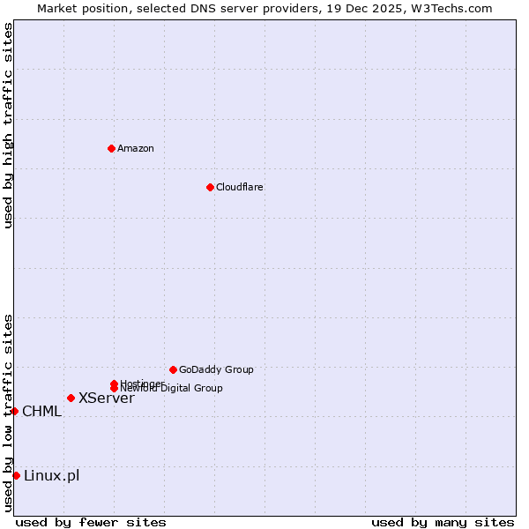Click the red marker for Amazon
pyautogui.click(x=112, y=148)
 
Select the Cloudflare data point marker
pyautogui.click(x=210, y=187)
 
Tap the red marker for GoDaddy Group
pyautogui.click(x=173, y=369)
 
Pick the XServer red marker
pyautogui.click(x=71, y=398)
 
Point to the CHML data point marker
pyautogui.click(x=14, y=411)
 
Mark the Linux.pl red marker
pyautogui.click(x=16, y=476)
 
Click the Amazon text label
pyautogui.click(x=136, y=148)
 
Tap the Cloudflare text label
pyautogui.click(x=240, y=187)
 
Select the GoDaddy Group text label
pyautogui.click(x=216, y=369)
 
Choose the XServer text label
pyautogui.click(x=107, y=398)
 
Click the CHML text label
pyautogui.click(x=42, y=411)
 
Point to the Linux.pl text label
pyautogui.click(x=51, y=476)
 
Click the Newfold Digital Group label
pyautogui.click(x=172, y=389)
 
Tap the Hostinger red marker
pyautogui.click(x=114, y=384)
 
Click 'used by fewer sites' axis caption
pyautogui.click(x=91, y=522)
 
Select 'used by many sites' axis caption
pyautogui.click(x=443, y=522)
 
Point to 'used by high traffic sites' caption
pyautogui.click(x=8, y=125)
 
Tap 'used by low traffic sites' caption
pyautogui.click(x=8, y=412)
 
